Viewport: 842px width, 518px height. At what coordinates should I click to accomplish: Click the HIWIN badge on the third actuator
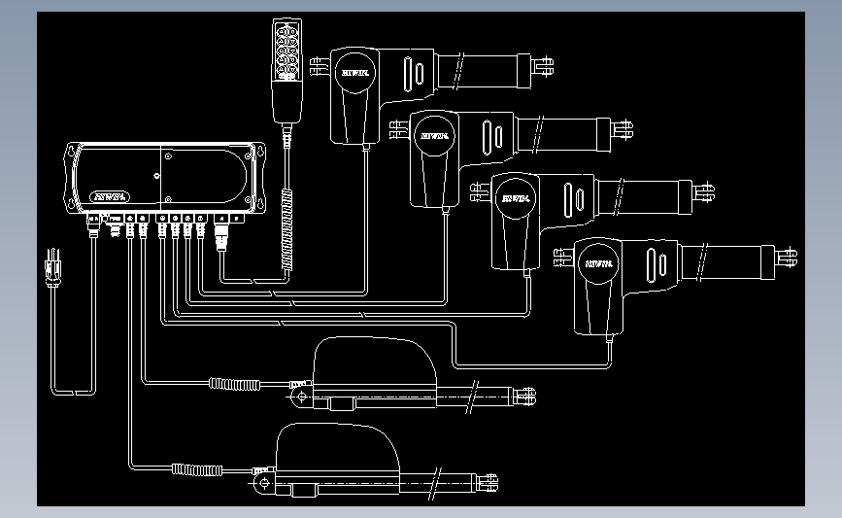[511, 199]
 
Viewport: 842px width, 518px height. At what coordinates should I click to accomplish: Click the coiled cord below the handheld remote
[286, 229]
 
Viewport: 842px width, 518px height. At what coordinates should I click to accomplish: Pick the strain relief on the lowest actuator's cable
[195, 469]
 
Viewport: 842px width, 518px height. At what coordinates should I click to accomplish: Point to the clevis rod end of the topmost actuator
[544, 66]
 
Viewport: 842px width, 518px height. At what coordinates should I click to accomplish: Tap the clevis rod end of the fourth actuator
[788, 257]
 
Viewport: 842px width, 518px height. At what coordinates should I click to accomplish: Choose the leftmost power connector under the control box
[93, 224]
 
